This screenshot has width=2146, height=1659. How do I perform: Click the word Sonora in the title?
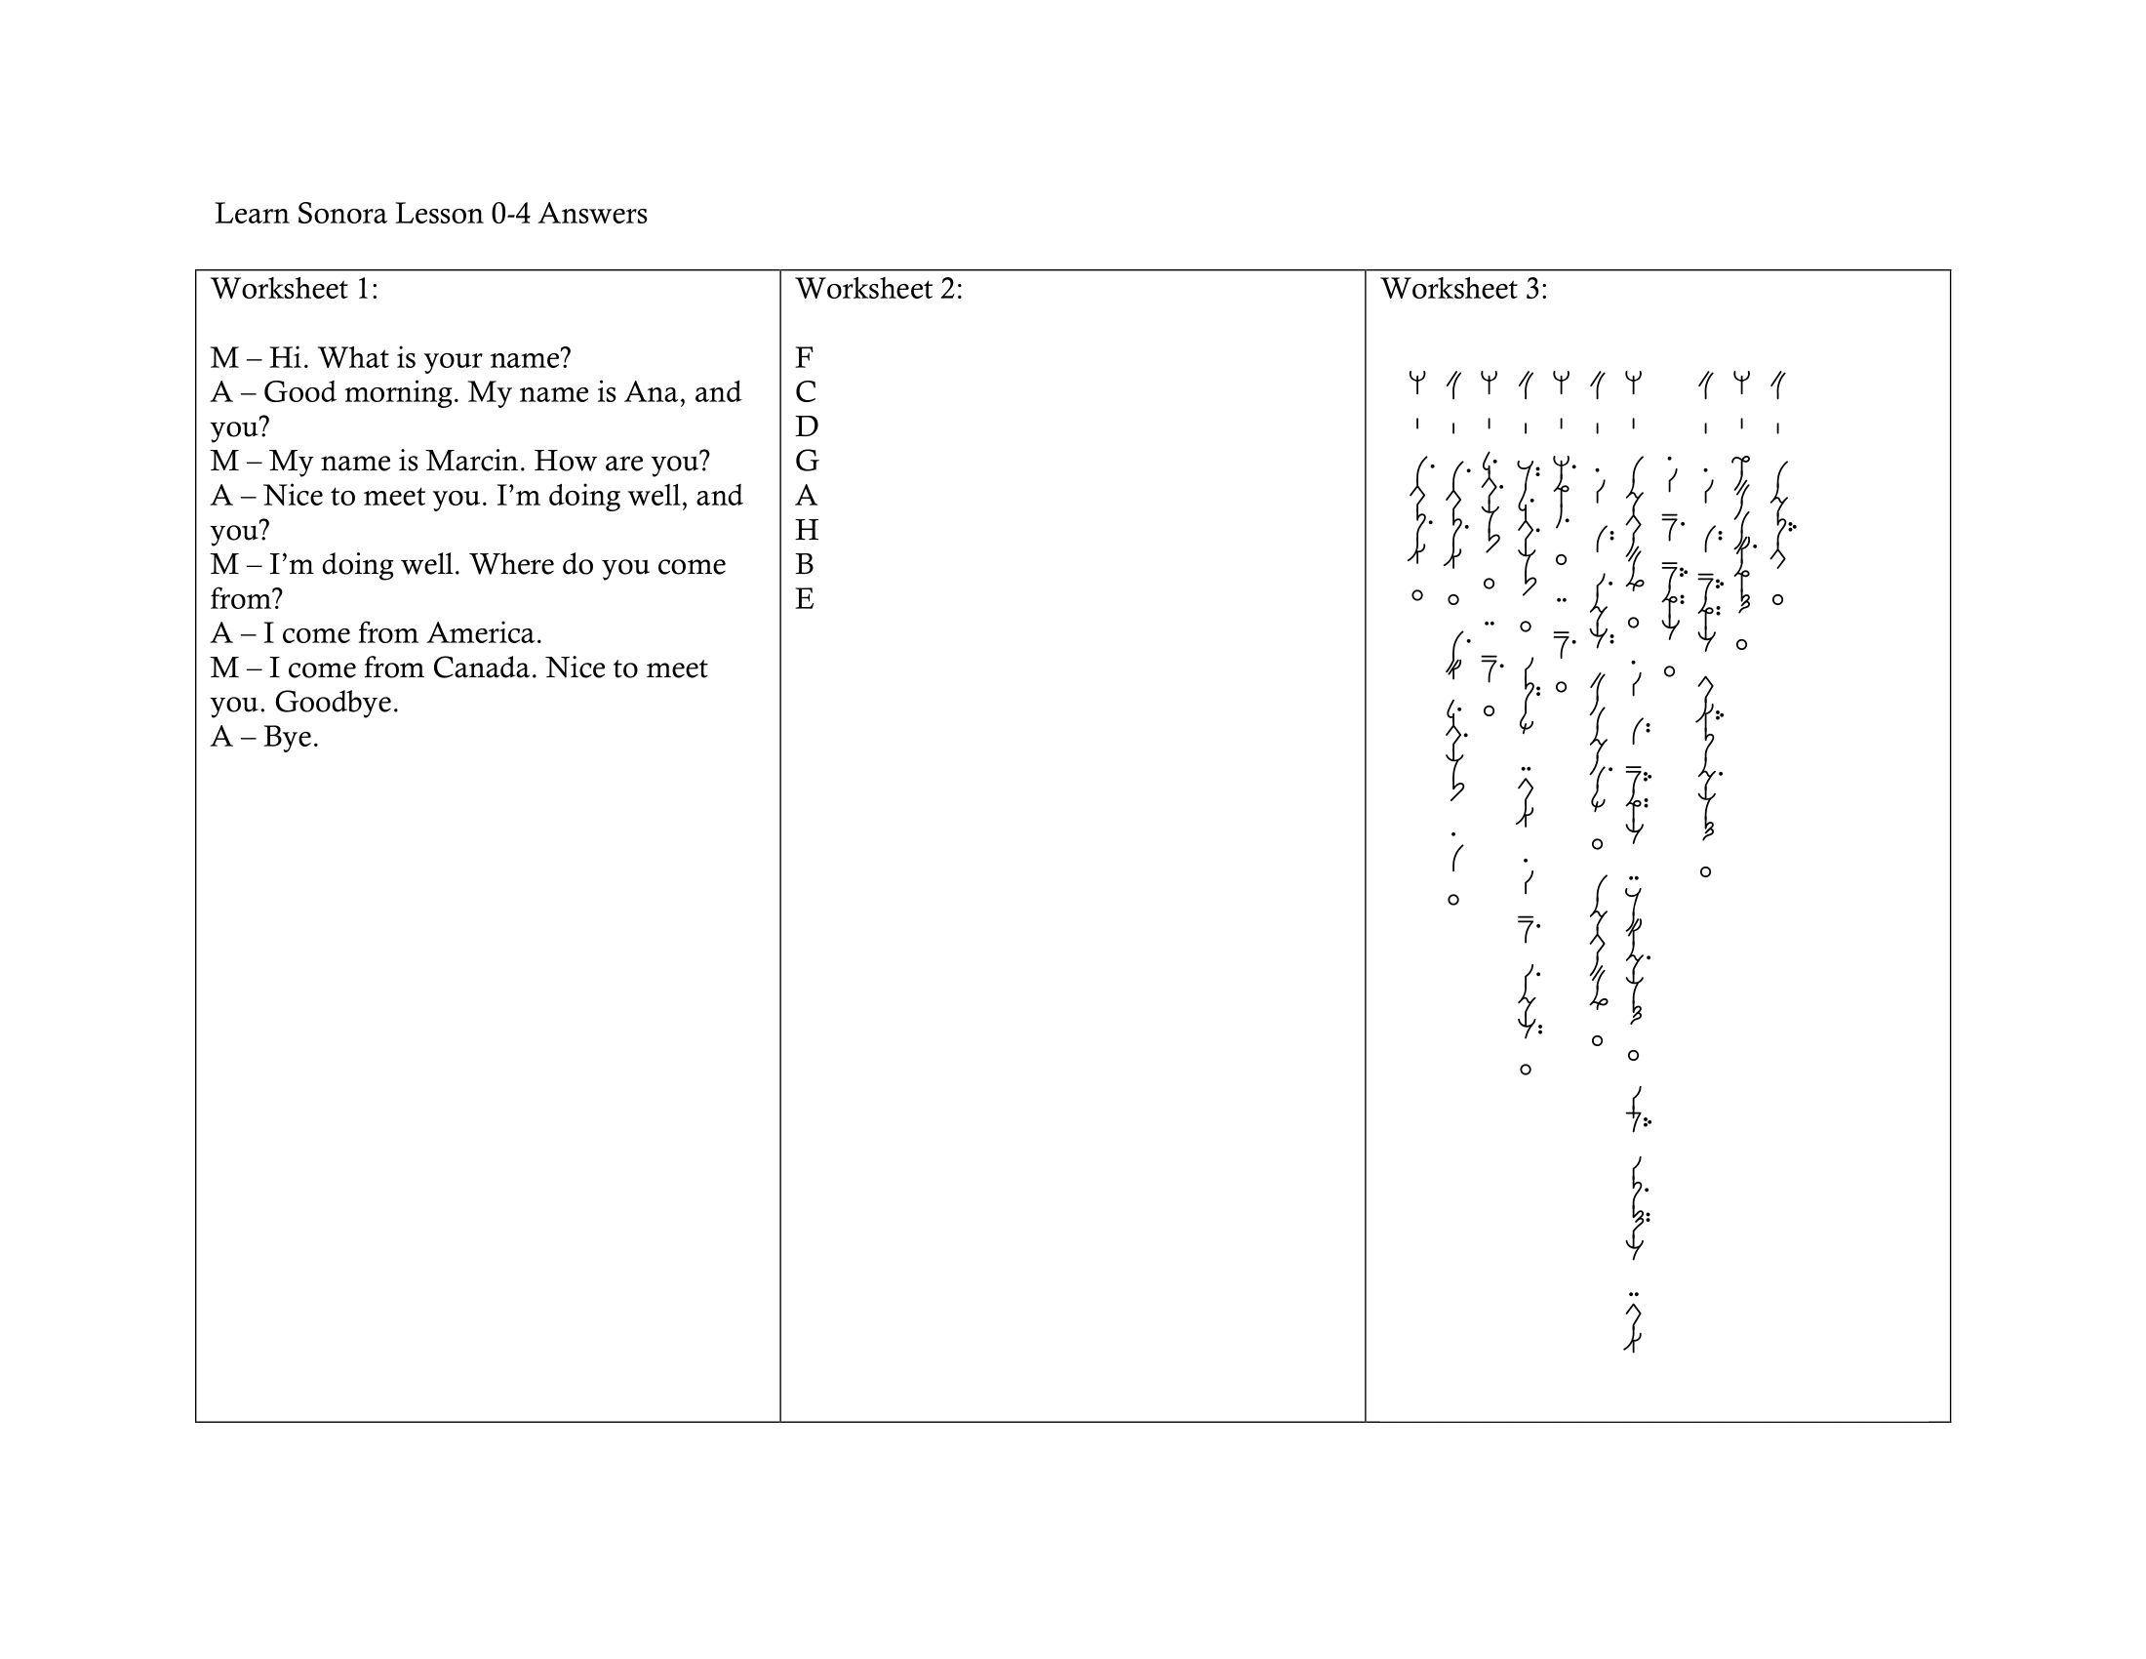pyautogui.click(x=341, y=214)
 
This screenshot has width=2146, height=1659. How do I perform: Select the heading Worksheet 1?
pyautogui.click(x=294, y=289)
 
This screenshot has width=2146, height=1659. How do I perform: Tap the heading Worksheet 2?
pyautogui.click(x=879, y=289)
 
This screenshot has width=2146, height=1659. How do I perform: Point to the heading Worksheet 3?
pyautogui.click(x=1463, y=289)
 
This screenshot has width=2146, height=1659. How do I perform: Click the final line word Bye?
pyautogui.click(x=291, y=737)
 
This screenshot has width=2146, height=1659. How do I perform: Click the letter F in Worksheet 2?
pyautogui.click(x=804, y=358)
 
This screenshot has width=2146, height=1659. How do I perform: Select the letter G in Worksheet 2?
pyautogui.click(x=807, y=461)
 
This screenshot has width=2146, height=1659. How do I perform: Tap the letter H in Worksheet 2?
pyautogui.click(x=807, y=530)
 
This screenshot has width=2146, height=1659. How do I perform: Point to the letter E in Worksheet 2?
pyautogui.click(x=805, y=598)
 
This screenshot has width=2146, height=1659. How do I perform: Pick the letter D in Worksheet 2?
pyautogui.click(x=807, y=426)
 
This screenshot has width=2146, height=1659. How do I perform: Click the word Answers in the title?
pyautogui.click(x=592, y=214)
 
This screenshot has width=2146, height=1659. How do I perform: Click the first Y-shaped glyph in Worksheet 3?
pyautogui.click(x=1417, y=383)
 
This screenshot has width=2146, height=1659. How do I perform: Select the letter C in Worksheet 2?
pyautogui.click(x=806, y=392)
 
